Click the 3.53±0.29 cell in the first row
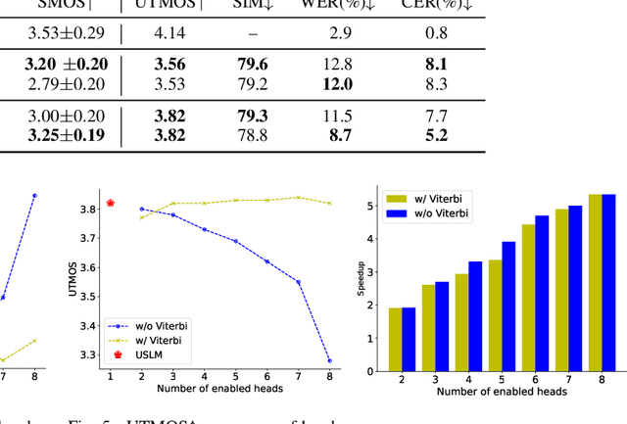[x=65, y=32]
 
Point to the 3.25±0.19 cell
[x=65, y=134]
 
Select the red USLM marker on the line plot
[x=111, y=203]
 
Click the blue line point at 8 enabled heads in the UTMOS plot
[x=328, y=360]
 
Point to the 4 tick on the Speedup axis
[x=369, y=239]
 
